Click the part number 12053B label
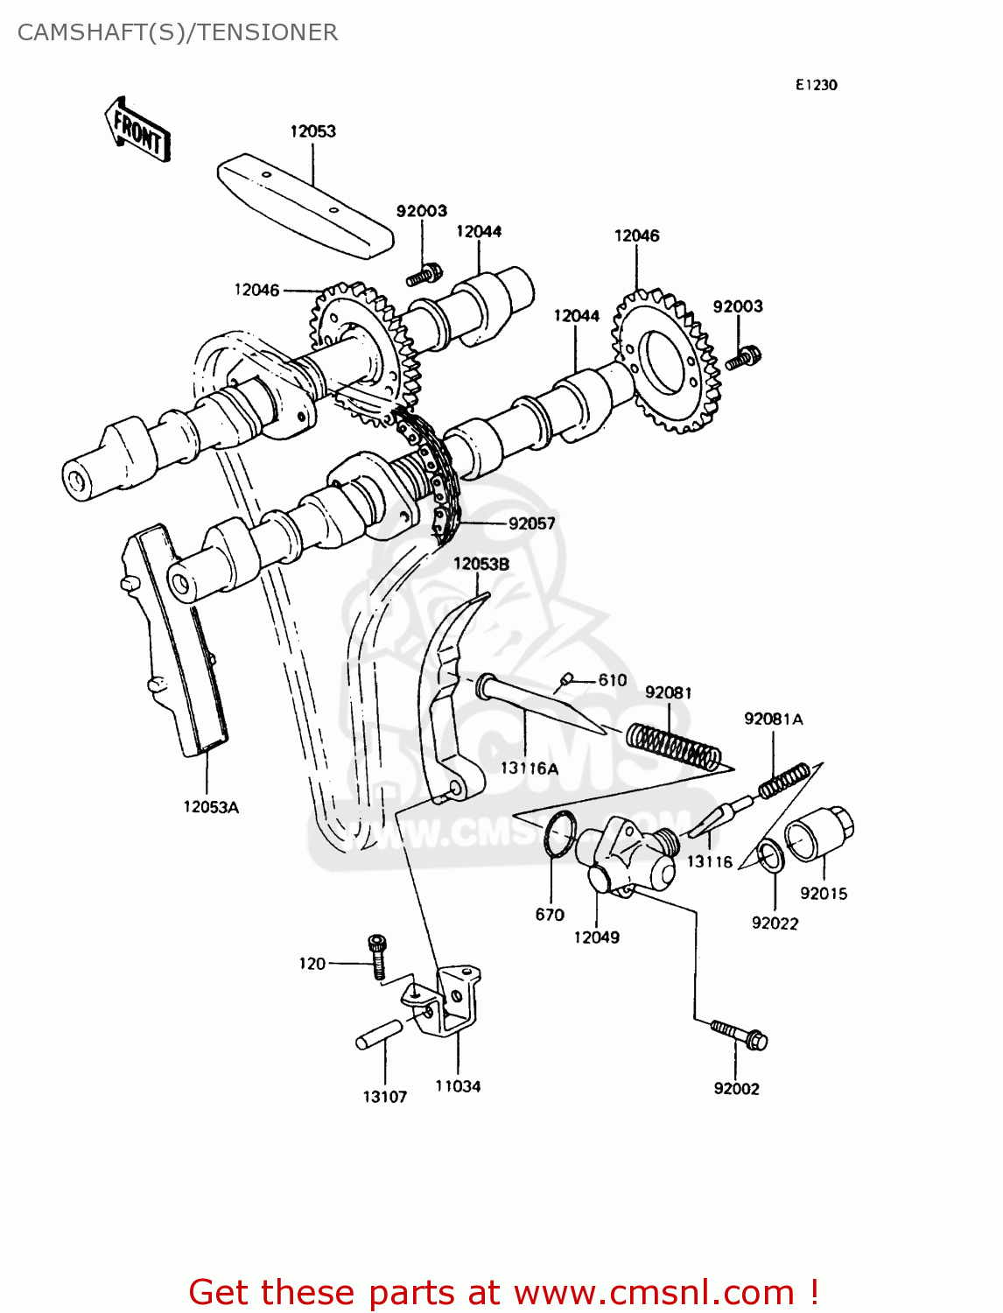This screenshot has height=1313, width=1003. (x=480, y=565)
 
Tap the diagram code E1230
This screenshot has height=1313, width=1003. (x=816, y=85)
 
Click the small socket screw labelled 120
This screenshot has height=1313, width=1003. (x=377, y=956)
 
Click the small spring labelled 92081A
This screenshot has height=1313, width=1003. (x=783, y=780)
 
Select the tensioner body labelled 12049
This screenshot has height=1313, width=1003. (x=624, y=857)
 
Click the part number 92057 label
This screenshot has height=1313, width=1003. (x=531, y=523)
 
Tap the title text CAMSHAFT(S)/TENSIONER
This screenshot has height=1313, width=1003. (x=178, y=32)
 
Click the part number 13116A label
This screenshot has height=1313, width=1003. (x=529, y=769)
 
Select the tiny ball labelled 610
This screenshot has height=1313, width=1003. (x=566, y=678)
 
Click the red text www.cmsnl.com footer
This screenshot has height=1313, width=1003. (x=503, y=1292)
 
